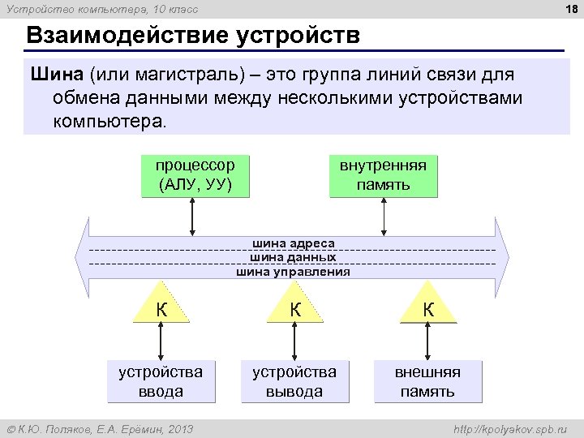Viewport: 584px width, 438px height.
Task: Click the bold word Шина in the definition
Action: coord(57,75)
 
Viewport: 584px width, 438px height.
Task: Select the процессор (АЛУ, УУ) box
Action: coord(195,175)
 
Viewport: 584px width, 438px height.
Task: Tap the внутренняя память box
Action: coord(383,175)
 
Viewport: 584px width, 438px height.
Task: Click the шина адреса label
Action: coord(293,243)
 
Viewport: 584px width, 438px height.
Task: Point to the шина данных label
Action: coord(293,257)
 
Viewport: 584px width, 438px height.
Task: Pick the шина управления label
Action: coord(293,272)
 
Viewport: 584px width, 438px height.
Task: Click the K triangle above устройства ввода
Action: coord(162,309)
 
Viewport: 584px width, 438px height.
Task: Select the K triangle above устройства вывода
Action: coord(295,309)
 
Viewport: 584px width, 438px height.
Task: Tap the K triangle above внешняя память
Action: coord(428,309)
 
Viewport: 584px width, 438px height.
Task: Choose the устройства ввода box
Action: coord(161,381)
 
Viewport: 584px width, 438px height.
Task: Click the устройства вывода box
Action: coord(294,381)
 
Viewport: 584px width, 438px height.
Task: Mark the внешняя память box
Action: coord(427,381)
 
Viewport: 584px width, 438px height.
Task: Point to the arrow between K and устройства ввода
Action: coord(162,341)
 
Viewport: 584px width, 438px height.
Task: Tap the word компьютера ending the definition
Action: coord(107,122)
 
